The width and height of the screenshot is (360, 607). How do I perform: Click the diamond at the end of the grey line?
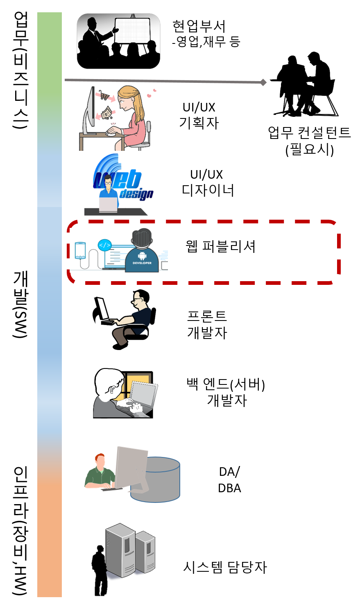263,82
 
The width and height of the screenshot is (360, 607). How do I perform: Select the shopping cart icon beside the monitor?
104,96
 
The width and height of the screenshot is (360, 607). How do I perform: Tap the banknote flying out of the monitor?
107,112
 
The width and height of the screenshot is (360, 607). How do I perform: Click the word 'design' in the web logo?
136,193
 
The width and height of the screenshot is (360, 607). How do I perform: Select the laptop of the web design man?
108,205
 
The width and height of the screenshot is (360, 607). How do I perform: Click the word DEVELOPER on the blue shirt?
142,263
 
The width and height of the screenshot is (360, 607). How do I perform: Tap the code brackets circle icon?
104,246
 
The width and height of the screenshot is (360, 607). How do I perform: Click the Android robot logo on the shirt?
142,256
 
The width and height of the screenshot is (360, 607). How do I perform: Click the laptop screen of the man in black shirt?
102,309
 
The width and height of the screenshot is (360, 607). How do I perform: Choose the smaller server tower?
145,552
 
